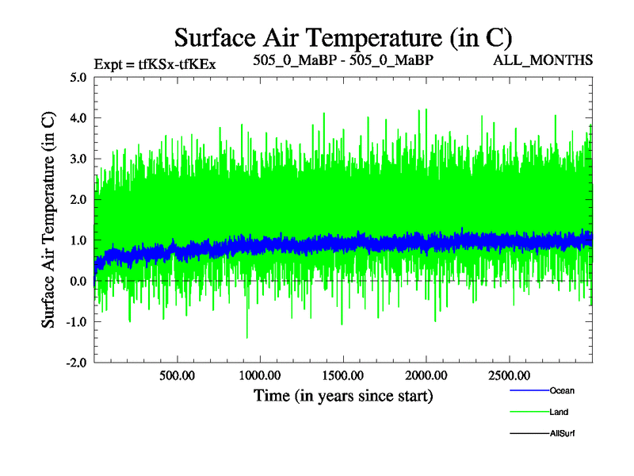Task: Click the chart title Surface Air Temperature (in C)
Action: click(343, 37)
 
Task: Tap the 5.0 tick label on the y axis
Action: click(77, 78)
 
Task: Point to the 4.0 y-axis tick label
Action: click(77, 118)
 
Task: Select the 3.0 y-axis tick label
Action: click(77, 159)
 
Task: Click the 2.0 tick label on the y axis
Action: click(77, 200)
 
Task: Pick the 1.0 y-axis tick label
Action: click(77, 240)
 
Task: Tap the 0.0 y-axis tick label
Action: click(77, 282)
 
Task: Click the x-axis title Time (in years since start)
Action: click(343, 394)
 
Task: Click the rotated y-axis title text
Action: click(48, 219)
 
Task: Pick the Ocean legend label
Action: click(562, 391)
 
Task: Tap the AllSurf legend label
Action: click(563, 433)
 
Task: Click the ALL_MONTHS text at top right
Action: click(543, 60)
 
